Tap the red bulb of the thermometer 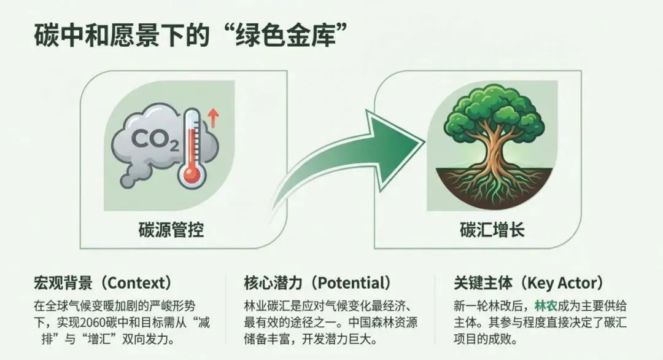[192, 176]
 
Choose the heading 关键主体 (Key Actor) [527, 283]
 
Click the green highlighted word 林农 [545, 306]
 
